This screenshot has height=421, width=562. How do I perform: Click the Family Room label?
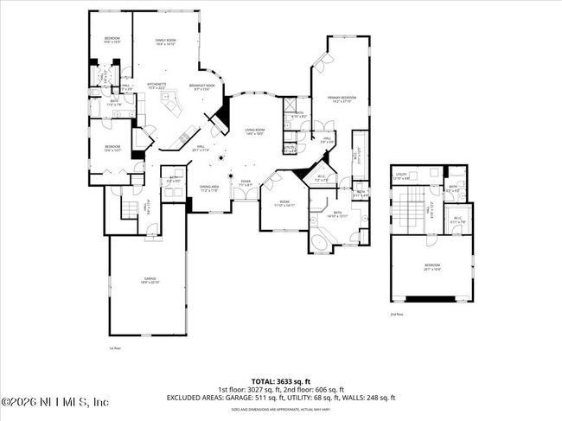point(165,41)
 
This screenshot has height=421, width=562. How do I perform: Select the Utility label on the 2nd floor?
point(400,175)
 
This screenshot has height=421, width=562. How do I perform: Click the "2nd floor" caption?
point(397,314)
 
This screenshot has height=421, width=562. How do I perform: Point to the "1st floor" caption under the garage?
point(113,348)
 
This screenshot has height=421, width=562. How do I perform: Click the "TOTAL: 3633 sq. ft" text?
point(280,380)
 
